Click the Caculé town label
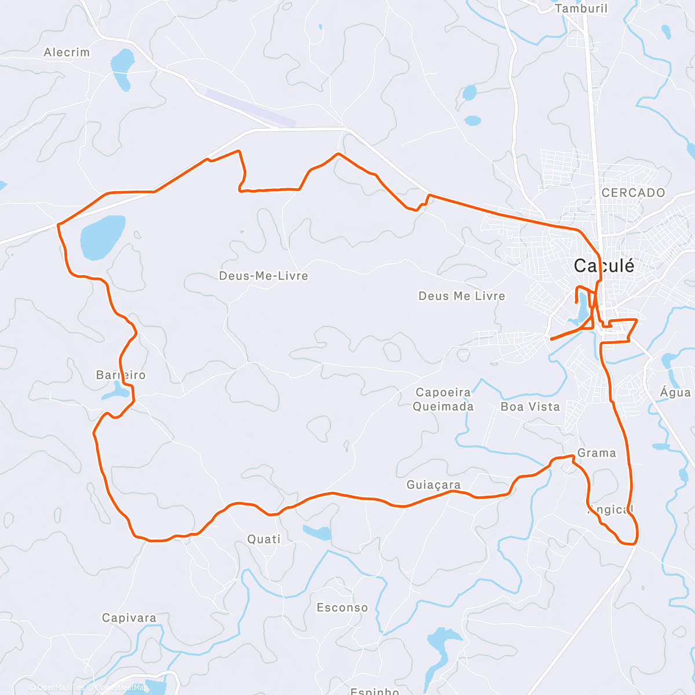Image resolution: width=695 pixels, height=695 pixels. (x=604, y=266)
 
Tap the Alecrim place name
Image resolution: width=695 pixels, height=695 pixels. (x=67, y=53)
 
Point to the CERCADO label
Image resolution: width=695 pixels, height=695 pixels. (x=633, y=193)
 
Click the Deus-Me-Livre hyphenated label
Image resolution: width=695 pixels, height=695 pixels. (x=264, y=276)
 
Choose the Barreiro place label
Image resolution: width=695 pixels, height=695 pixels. (x=120, y=375)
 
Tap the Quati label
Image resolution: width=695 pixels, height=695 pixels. (x=264, y=539)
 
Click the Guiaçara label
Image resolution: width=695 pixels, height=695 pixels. (x=434, y=485)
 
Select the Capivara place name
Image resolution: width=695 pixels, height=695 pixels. (x=129, y=618)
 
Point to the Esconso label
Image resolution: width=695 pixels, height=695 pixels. (x=342, y=608)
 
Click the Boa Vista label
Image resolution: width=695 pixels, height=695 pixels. (x=530, y=407)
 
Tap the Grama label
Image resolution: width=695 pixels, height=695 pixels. (x=597, y=453)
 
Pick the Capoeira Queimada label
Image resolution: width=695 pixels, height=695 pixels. (x=443, y=400)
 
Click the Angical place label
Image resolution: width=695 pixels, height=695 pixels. (x=610, y=510)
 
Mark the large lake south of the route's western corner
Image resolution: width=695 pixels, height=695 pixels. (x=103, y=236)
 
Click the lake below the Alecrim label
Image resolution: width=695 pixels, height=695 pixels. (x=123, y=67)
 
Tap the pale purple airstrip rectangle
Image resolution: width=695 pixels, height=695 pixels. (x=251, y=108)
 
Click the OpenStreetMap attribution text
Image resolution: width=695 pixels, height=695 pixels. (x=121, y=687)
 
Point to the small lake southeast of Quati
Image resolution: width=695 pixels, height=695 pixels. (x=317, y=532)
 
